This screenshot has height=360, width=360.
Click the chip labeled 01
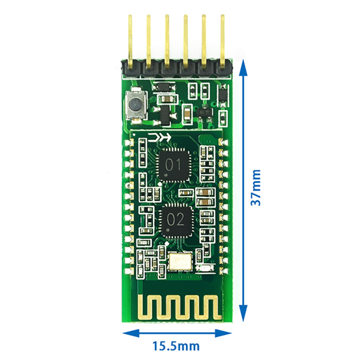[173, 165]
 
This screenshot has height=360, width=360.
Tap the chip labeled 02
[176, 220]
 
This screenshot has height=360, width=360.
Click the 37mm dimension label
[255, 188]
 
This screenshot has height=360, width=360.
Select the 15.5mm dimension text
[176, 346]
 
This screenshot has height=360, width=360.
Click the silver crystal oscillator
[180, 262]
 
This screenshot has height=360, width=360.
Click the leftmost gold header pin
[130, 41]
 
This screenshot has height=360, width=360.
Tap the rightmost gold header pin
[222, 41]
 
